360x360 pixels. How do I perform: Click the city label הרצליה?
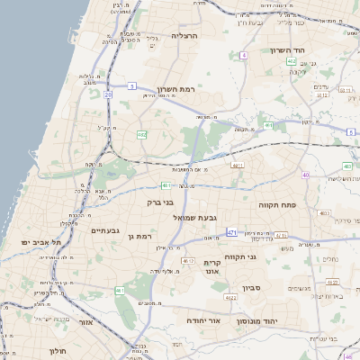tap(184, 36)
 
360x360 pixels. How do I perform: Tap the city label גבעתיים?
tap(105, 230)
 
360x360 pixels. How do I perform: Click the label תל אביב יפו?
tap(43, 243)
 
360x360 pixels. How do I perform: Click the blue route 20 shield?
tap(108, 94)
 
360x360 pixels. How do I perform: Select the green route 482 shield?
tap(141, 134)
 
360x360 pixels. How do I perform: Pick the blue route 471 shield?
tap(232, 232)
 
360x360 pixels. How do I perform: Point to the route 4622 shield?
tap(229, 297)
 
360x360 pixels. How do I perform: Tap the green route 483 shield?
tap(347, 166)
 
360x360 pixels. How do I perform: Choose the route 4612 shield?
tap(187, 260)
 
